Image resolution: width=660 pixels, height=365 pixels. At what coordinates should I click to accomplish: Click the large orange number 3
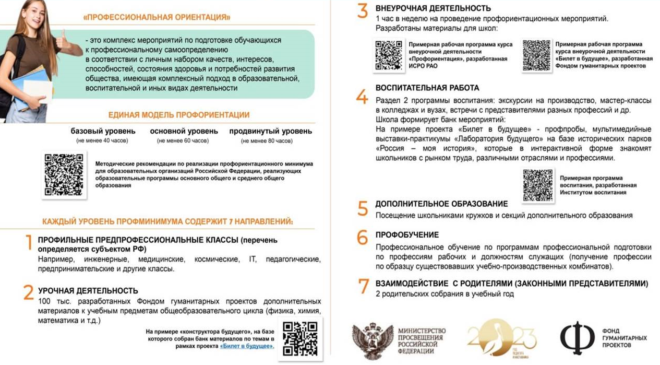(x=363, y=12)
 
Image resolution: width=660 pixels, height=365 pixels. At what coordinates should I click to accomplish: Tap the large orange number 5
(x=363, y=208)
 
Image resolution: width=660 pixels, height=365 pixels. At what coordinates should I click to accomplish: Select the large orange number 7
(x=363, y=287)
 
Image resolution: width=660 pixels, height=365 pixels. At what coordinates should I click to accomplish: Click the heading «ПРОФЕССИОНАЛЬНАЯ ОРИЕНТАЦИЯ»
(x=157, y=17)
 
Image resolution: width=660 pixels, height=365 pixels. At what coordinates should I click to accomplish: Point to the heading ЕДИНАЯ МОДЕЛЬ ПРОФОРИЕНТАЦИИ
(x=178, y=115)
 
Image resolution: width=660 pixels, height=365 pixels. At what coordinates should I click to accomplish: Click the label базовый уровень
(x=103, y=131)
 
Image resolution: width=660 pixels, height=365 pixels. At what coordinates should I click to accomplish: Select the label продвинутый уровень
(x=270, y=131)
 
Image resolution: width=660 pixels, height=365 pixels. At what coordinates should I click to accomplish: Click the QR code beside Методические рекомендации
(x=64, y=174)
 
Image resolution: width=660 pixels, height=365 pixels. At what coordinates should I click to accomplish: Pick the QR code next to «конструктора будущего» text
(x=300, y=337)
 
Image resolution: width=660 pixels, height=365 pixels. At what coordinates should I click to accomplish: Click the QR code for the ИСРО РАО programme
(x=388, y=55)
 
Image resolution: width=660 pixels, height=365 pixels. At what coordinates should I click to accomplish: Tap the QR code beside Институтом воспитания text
(x=537, y=186)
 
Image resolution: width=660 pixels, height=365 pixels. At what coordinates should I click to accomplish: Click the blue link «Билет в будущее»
(x=247, y=346)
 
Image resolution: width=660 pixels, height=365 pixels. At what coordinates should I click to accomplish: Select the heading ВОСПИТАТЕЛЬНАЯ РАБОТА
(x=427, y=88)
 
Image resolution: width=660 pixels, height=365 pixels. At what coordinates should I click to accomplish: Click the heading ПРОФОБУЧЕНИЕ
(x=407, y=235)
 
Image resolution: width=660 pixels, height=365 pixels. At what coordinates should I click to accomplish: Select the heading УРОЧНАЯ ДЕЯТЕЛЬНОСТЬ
(x=88, y=291)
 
